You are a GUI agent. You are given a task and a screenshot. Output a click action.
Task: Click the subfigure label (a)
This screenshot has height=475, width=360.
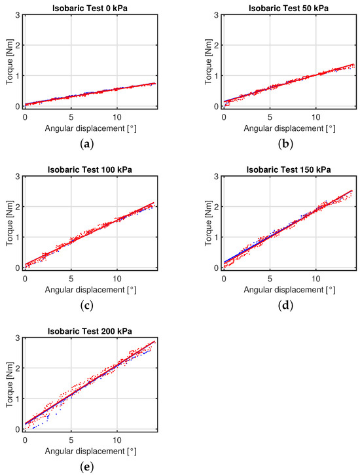[90, 141]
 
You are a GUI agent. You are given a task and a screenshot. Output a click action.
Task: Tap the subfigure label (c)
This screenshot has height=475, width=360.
[90, 304]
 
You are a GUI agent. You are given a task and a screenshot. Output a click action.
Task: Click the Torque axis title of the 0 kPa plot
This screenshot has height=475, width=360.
[8, 60]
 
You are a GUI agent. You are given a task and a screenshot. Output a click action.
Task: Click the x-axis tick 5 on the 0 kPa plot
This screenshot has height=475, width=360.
[71, 115]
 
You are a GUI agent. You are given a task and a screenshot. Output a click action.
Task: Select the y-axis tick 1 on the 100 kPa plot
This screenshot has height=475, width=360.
[16, 238]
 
